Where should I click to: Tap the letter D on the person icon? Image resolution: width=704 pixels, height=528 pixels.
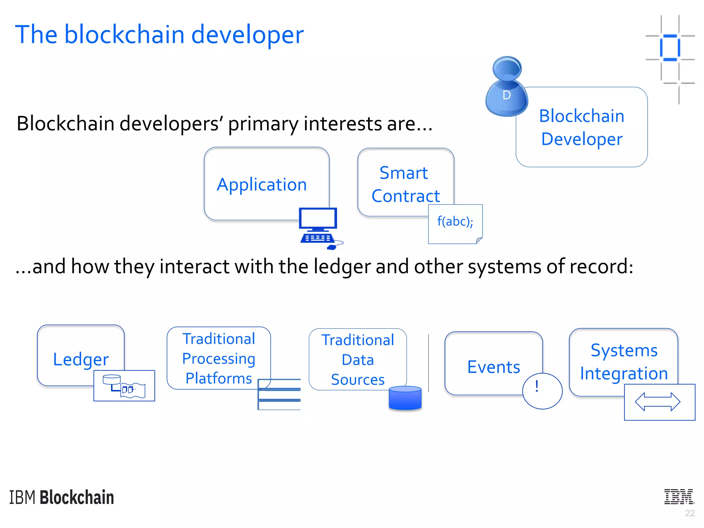[x=506, y=95]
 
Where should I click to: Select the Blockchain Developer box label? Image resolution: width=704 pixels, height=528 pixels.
[x=582, y=127]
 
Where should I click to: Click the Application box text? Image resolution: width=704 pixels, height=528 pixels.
[x=262, y=185]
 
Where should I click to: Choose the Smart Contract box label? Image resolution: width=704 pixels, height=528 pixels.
[x=405, y=184]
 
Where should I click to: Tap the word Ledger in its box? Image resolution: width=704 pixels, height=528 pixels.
[x=81, y=360]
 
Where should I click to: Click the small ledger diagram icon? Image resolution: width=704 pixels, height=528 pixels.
[x=124, y=386]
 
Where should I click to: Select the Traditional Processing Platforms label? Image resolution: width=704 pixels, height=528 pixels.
[x=219, y=358]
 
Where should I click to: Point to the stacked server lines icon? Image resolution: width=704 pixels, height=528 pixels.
[x=279, y=394]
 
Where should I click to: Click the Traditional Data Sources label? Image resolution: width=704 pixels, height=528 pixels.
[x=357, y=360]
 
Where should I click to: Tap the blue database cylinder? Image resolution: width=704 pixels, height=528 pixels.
[x=405, y=398]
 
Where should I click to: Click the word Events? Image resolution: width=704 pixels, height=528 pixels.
[x=493, y=367]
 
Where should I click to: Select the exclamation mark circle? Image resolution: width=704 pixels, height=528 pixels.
[x=542, y=391]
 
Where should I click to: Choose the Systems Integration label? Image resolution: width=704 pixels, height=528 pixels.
[x=624, y=362]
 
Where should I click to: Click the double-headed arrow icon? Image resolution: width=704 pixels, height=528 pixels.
[x=657, y=402]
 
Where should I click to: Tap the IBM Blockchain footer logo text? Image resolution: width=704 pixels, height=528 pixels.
[x=62, y=497]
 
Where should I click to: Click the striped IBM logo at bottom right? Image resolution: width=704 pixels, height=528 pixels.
[x=679, y=497]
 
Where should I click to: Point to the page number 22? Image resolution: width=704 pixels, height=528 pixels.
[x=690, y=513]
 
